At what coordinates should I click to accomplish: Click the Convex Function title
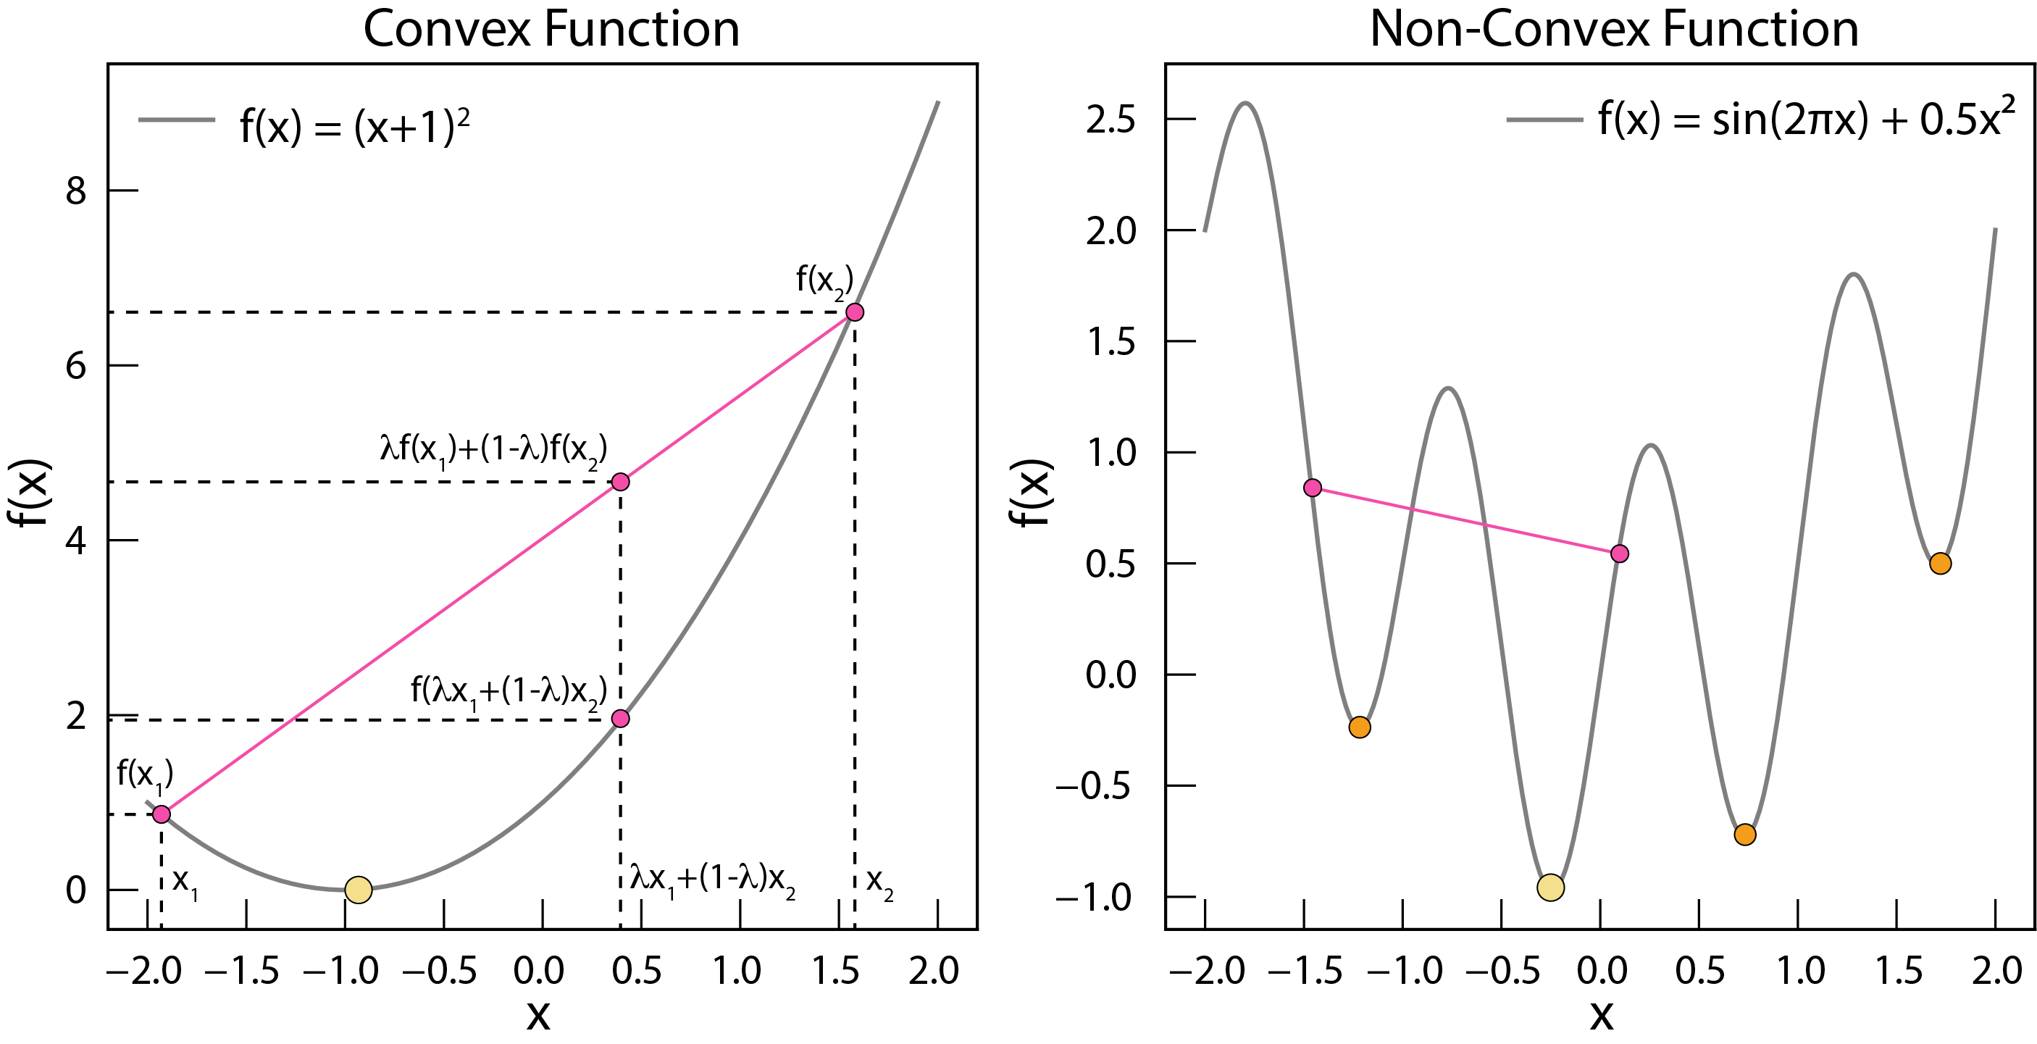tap(551, 29)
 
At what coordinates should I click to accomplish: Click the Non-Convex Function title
tap(1613, 29)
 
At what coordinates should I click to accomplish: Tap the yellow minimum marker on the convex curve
tap(359, 890)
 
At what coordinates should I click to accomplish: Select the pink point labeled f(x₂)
tap(854, 312)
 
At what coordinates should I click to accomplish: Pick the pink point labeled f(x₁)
tap(162, 814)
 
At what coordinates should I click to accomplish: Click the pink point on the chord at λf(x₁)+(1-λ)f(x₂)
tap(621, 482)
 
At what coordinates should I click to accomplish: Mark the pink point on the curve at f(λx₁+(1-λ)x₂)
tap(621, 718)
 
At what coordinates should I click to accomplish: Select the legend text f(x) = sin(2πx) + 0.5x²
tap(1806, 120)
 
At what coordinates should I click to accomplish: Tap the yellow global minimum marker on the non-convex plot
tap(1551, 888)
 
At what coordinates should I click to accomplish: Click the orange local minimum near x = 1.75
tap(1941, 564)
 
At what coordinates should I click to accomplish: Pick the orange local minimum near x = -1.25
tap(1359, 727)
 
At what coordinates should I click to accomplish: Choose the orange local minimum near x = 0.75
tap(1745, 835)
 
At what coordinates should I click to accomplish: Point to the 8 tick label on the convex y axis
tap(76, 191)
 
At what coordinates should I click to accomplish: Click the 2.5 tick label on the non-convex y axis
tap(1110, 120)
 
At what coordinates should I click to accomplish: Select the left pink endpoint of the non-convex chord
tap(1313, 488)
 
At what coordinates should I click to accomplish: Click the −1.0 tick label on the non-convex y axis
tap(1094, 898)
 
